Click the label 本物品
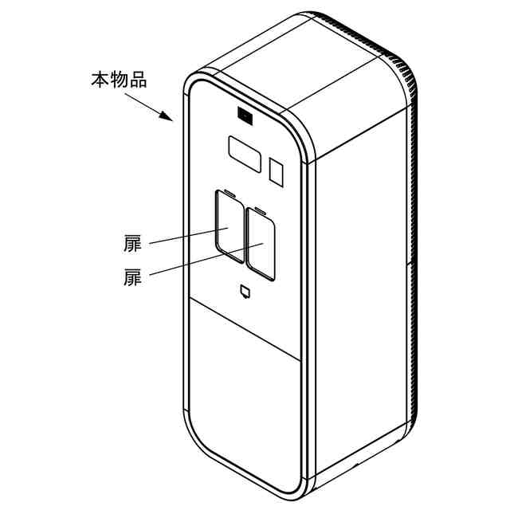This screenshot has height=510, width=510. pyautogui.click(x=119, y=80)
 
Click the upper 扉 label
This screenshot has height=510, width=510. pyautogui.click(x=132, y=244)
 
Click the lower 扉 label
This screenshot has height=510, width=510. pyautogui.click(x=132, y=278)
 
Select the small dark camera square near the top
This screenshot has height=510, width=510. pyautogui.click(x=244, y=117)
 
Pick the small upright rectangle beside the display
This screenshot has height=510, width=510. pyautogui.click(x=277, y=171)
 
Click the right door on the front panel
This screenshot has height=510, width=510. pyautogui.click(x=261, y=245)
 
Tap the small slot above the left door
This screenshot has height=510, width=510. pyautogui.click(x=228, y=191)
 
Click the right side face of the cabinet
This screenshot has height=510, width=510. pyautogui.click(x=363, y=279)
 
